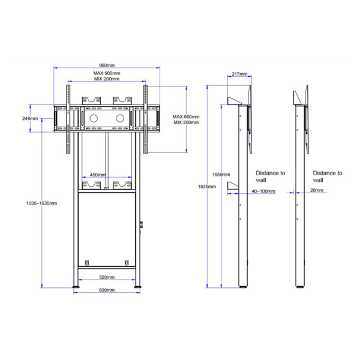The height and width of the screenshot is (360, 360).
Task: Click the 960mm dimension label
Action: tap(107, 66)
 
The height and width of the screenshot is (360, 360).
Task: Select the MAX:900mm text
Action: tap(107, 73)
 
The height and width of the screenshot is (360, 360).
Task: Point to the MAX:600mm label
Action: tap(185, 116)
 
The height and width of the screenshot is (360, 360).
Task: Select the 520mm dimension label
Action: tap(107, 277)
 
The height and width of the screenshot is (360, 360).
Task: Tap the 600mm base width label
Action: tap(107, 291)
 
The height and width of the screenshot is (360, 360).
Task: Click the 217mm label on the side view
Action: tap(238, 74)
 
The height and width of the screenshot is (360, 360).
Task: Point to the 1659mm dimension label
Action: tap(221, 175)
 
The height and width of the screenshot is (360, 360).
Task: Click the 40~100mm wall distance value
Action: tap(263, 192)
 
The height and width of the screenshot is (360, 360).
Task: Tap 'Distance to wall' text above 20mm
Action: tap(327, 176)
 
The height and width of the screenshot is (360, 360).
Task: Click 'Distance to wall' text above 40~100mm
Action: tap(271, 176)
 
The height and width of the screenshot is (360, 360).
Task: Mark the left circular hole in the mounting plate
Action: tap(94, 119)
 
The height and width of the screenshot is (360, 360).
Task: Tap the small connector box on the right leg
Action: tap(142, 226)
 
